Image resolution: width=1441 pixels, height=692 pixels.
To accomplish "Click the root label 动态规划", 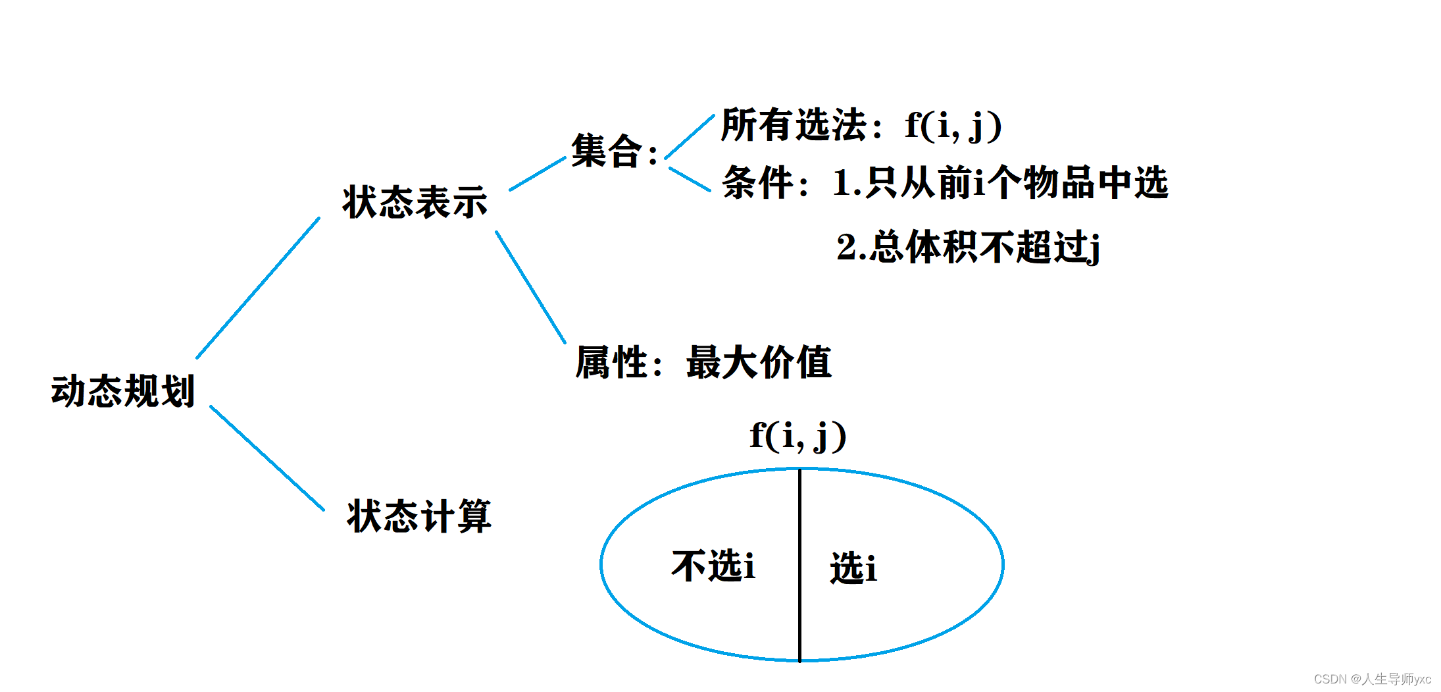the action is [x=123, y=391].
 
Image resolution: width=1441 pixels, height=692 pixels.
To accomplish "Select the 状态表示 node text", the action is [x=415, y=201].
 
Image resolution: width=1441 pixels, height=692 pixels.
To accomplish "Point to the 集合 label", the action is [x=607, y=151].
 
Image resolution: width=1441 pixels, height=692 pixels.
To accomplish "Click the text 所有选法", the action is [x=794, y=124].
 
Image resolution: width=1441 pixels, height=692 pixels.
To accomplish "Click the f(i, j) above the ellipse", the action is [x=797, y=435].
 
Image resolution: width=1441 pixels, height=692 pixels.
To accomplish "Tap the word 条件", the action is [x=758, y=182].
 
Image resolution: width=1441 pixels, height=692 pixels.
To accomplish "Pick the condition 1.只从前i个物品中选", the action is [x=1000, y=182].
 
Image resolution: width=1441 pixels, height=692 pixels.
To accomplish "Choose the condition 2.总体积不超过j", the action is [x=968, y=248].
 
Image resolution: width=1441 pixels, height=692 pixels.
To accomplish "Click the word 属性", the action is [x=612, y=362].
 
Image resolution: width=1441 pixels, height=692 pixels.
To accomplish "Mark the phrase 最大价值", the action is [x=759, y=362].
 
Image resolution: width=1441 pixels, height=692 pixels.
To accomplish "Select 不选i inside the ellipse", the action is [x=713, y=566].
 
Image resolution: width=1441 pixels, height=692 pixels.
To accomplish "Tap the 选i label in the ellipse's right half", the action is [x=853, y=568].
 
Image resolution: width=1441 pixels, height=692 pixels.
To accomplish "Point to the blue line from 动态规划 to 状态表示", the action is [x=258, y=288].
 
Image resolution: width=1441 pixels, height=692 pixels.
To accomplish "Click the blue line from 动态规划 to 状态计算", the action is [x=266, y=458].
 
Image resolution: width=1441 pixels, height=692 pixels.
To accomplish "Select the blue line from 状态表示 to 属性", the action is [x=530, y=286].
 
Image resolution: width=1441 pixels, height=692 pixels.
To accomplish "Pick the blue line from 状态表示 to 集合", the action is [x=538, y=174].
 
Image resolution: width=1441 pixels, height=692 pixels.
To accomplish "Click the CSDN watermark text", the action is [x=1372, y=679].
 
